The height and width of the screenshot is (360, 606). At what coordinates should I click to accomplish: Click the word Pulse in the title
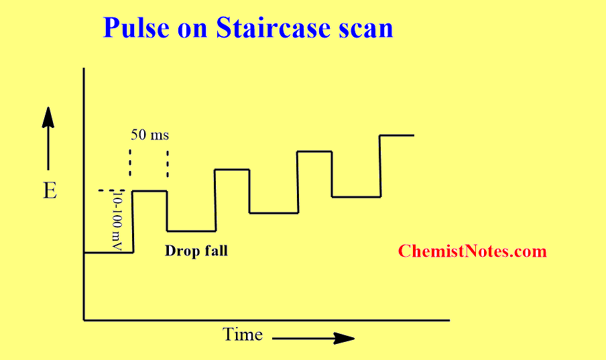pyautogui.click(x=136, y=28)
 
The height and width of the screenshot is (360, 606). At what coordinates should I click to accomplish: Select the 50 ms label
pyautogui.click(x=150, y=135)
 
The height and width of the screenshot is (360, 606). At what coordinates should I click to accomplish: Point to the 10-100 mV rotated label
pyautogui.click(x=117, y=222)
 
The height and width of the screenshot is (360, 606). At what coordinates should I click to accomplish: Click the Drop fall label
pyautogui.click(x=196, y=251)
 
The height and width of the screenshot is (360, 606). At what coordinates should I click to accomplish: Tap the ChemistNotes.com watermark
pyautogui.click(x=473, y=251)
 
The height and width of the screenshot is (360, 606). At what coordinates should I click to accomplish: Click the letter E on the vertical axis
pyautogui.click(x=50, y=190)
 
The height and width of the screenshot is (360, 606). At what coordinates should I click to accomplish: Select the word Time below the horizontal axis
pyautogui.click(x=243, y=334)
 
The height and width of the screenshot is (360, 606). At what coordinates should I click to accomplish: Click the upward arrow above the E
pyautogui.click(x=48, y=138)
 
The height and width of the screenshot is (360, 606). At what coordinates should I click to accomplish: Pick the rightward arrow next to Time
pyautogui.click(x=314, y=339)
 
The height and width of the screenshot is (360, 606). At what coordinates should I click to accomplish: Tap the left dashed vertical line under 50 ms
pyautogui.click(x=130, y=163)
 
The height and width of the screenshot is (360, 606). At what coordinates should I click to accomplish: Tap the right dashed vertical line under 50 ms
pyautogui.click(x=168, y=163)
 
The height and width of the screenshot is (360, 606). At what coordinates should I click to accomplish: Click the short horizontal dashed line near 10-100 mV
pyautogui.click(x=112, y=190)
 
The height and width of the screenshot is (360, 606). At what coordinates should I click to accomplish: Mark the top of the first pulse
pyautogui.click(x=150, y=191)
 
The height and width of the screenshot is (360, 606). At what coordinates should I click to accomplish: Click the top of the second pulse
pyautogui.click(x=232, y=170)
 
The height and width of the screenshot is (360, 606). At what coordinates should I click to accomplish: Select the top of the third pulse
pyautogui.click(x=314, y=152)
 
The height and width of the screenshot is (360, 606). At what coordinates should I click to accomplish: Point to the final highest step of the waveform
pyautogui.click(x=397, y=135)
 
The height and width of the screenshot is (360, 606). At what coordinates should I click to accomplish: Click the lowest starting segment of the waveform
pyautogui.click(x=109, y=253)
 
